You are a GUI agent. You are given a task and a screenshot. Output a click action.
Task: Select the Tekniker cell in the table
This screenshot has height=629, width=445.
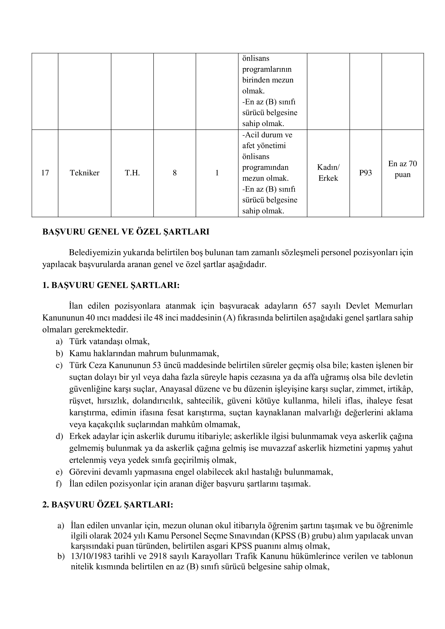(84, 173)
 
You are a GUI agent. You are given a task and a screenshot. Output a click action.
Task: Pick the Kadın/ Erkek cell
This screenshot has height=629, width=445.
(328, 173)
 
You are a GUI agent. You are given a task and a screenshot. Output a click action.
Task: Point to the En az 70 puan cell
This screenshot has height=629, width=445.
(402, 169)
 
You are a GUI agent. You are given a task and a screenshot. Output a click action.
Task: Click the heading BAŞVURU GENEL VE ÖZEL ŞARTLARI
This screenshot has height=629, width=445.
(126, 232)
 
